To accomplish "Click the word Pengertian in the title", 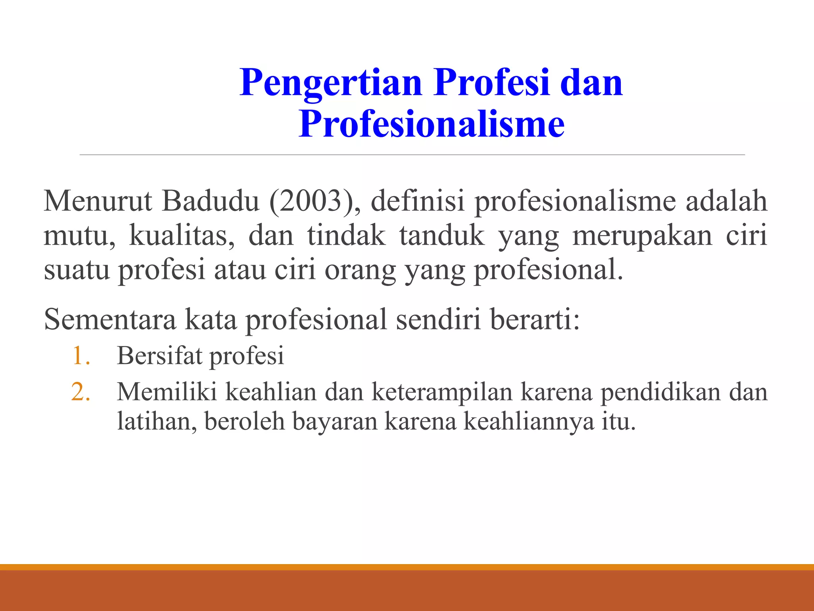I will (x=331, y=84).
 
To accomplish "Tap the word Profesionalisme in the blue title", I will (x=432, y=124).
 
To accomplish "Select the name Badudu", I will (x=211, y=201).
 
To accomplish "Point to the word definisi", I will (x=417, y=201).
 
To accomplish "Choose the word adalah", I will (x=727, y=201).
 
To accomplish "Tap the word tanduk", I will (x=442, y=235).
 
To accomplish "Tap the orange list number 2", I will (x=81, y=392).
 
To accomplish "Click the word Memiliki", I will (x=167, y=392).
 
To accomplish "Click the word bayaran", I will (x=335, y=422).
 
